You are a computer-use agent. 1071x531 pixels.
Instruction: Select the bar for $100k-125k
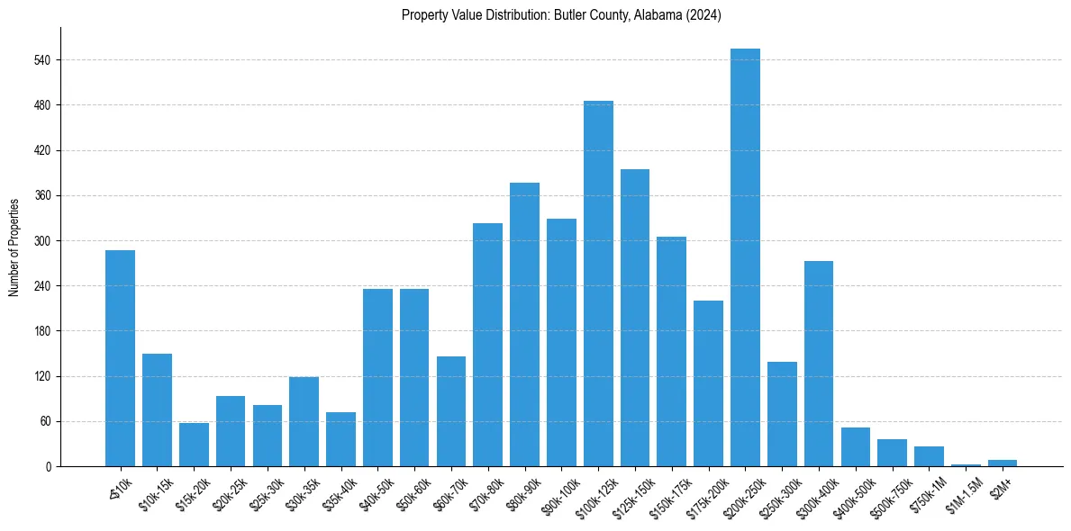598,283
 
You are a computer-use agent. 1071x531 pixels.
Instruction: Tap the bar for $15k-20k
194,445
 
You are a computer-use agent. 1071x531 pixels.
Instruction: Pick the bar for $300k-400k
819,364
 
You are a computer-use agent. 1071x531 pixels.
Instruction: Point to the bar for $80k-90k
524,324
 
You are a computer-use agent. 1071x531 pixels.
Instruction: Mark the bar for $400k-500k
856,447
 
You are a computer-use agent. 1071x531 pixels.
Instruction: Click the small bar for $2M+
1003,463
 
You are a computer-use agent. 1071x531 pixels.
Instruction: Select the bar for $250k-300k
782,414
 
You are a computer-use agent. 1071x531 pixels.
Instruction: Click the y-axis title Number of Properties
14,247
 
